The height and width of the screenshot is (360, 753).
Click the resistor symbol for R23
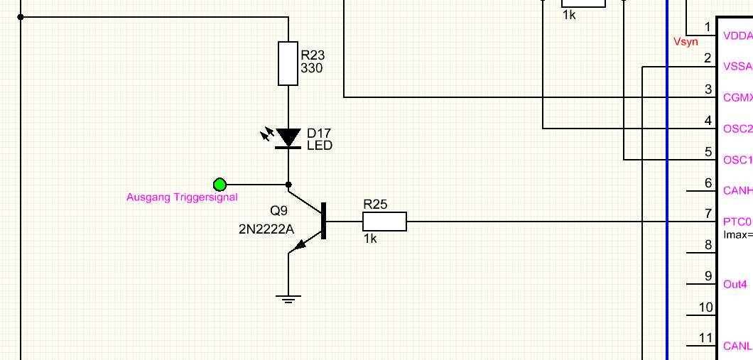[288, 63]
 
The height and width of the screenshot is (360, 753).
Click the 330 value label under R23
[312, 69]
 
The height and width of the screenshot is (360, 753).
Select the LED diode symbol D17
[288, 137]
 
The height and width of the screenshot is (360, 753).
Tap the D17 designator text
[318, 133]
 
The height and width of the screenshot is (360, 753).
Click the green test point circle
[220, 185]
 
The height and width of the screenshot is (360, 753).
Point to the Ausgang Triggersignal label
[182, 197]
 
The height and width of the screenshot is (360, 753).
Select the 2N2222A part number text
[266, 229]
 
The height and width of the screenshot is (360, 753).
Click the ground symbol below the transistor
[288, 298]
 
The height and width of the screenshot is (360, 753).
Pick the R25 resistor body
[385, 222]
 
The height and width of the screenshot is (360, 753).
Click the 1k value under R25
[370, 239]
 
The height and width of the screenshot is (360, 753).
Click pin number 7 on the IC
[708, 213]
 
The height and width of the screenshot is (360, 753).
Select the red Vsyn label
[686, 43]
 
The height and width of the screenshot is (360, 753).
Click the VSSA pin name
[737, 67]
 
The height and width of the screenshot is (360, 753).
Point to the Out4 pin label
[735, 285]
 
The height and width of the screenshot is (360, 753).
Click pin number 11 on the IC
[705, 338]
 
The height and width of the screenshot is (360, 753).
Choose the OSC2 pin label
[737, 129]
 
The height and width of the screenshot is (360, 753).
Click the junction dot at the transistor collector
[288, 185]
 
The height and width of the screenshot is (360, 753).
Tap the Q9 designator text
[279, 211]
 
